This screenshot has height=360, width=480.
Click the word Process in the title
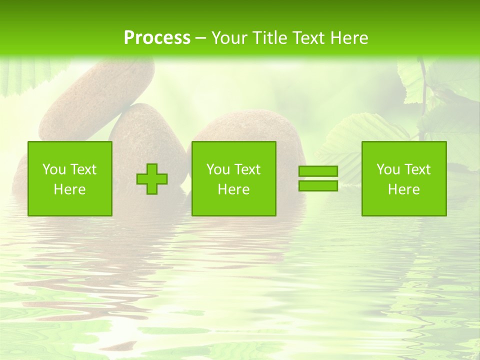click(x=157, y=38)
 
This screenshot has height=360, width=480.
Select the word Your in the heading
click(x=229, y=38)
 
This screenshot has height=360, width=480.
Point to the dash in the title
click(x=201, y=38)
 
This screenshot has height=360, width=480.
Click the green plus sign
click(x=152, y=179)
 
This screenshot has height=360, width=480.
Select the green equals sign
click(x=318, y=178)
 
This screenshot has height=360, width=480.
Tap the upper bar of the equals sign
click(x=318, y=171)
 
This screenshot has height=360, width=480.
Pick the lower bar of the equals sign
click(x=318, y=185)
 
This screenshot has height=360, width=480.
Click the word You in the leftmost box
click(x=53, y=169)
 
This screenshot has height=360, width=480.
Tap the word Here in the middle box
click(x=233, y=189)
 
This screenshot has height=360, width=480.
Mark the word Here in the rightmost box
click(x=403, y=189)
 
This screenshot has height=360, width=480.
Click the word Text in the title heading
click(x=306, y=38)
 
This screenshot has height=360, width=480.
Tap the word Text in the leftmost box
click(x=83, y=169)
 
